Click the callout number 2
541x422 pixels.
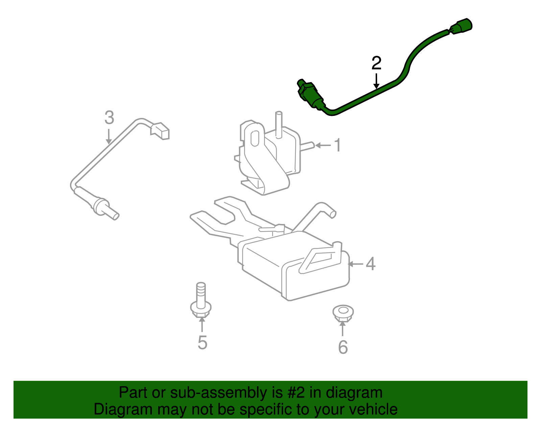pos(376,63)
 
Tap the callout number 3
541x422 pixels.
pos(109,118)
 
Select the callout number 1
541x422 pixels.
pos(337,145)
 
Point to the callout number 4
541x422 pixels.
pos(371,264)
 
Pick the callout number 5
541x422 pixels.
pos(202,343)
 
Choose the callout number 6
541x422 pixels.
pos(343,347)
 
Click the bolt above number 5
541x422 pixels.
pos(201,301)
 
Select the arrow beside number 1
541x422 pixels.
pos(323,145)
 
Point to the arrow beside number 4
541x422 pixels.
pos(356,264)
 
